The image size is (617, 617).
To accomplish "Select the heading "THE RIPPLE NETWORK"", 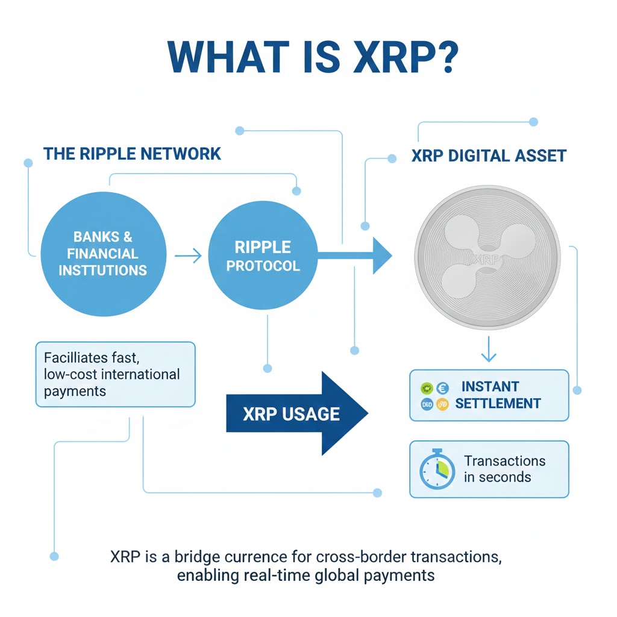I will click(x=132, y=154).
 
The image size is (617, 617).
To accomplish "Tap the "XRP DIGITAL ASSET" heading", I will click(x=489, y=156).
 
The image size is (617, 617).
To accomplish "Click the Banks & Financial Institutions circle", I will click(x=103, y=254).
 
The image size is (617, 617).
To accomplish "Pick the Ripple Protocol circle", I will click(x=263, y=256).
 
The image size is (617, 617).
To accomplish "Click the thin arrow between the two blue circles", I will click(x=188, y=257).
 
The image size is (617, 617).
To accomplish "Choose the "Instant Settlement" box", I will click(x=489, y=395).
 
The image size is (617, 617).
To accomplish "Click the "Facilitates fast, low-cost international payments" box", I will click(x=115, y=374).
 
